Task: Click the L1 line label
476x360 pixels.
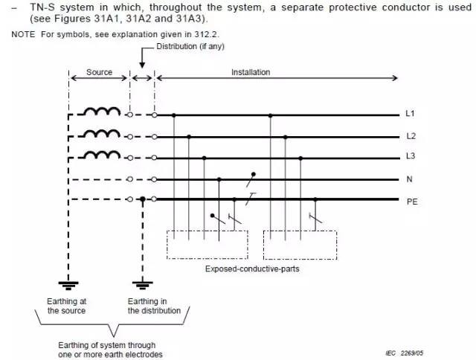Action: coord(409,115)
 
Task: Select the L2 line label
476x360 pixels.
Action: coord(409,136)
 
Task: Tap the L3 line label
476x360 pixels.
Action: coord(409,157)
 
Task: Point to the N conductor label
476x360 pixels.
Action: coord(408,179)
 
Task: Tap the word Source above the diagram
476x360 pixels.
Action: coord(99,72)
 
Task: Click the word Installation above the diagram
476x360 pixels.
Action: coord(251,72)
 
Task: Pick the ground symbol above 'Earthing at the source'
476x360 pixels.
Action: coord(68,283)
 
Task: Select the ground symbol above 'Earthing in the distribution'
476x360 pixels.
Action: coord(142,283)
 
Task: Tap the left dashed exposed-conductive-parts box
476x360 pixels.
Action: coord(207,244)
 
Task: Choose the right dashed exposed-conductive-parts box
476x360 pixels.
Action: coord(300,244)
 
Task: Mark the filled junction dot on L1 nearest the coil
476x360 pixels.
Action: coord(173,115)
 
